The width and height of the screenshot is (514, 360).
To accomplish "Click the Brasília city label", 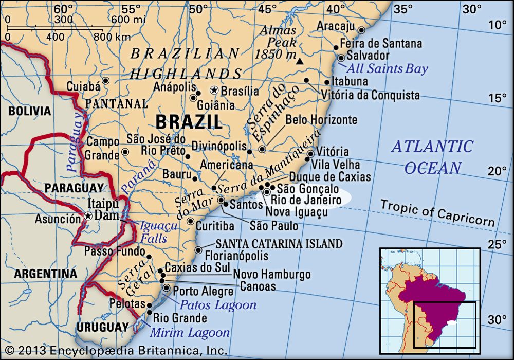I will tap(241, 91).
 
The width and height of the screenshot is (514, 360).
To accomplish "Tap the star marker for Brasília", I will tap(214, 91).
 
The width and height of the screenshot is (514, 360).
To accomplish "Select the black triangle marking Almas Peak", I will tap(301, 62).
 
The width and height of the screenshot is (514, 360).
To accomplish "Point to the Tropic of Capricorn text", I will tap(437, 213).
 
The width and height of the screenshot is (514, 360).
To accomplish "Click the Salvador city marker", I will tap(341, 58).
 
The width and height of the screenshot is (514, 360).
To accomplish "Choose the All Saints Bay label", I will tap(387, 68).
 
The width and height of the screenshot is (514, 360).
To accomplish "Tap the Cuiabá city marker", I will tap(106, 81).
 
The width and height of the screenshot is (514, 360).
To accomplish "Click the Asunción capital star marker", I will tap(88, 217).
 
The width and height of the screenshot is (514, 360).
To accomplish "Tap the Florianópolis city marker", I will tap(198, 250).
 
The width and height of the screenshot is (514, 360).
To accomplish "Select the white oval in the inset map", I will tap(452, 323).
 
